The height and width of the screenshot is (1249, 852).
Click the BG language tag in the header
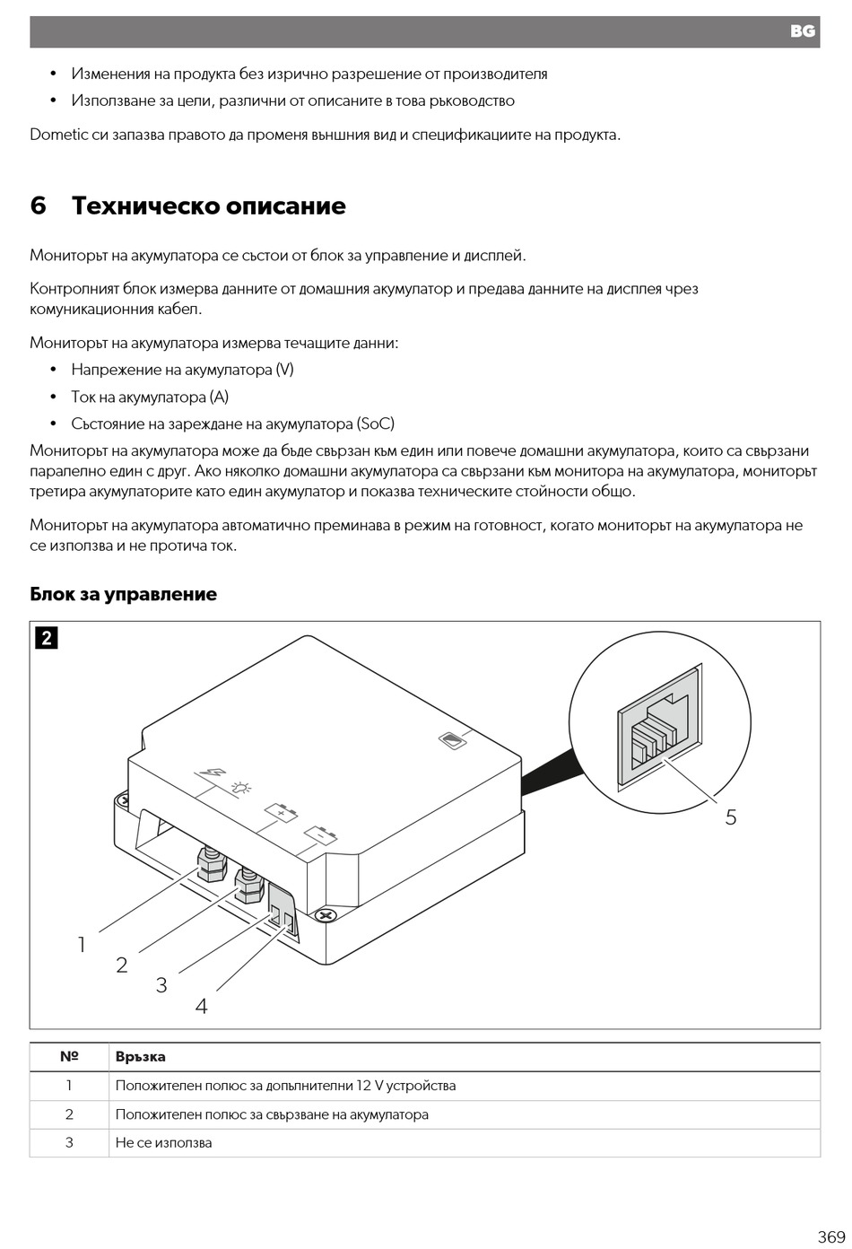tap(802, 31)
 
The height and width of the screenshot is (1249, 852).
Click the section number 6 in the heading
tap(38, 205)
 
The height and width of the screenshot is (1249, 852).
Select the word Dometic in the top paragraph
tap(58, 135)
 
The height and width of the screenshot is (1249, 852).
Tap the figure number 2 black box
tap(46, 638)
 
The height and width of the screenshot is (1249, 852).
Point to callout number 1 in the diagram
tap(82, 944)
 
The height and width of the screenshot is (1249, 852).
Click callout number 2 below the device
tap(122, 965)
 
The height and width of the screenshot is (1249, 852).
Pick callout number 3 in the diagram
tap(161, 985)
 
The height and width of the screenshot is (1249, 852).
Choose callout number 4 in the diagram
tap(201, 1006)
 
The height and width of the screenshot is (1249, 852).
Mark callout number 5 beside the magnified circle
tap(731, 817)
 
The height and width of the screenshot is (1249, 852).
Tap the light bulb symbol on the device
tap(240, 789)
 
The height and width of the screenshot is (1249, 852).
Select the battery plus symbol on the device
tap(282, 813)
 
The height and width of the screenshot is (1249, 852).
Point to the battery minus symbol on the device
tap(320, 835)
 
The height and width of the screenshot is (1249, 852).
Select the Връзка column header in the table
tap(141, 1057)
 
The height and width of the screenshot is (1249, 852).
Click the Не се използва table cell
tap(164, 1143)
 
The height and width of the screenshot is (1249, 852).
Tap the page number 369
tap(830, 1236)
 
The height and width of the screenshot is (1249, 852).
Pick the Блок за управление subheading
tap(124, 594)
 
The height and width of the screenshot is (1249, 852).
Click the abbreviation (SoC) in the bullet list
tap(375, 424)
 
